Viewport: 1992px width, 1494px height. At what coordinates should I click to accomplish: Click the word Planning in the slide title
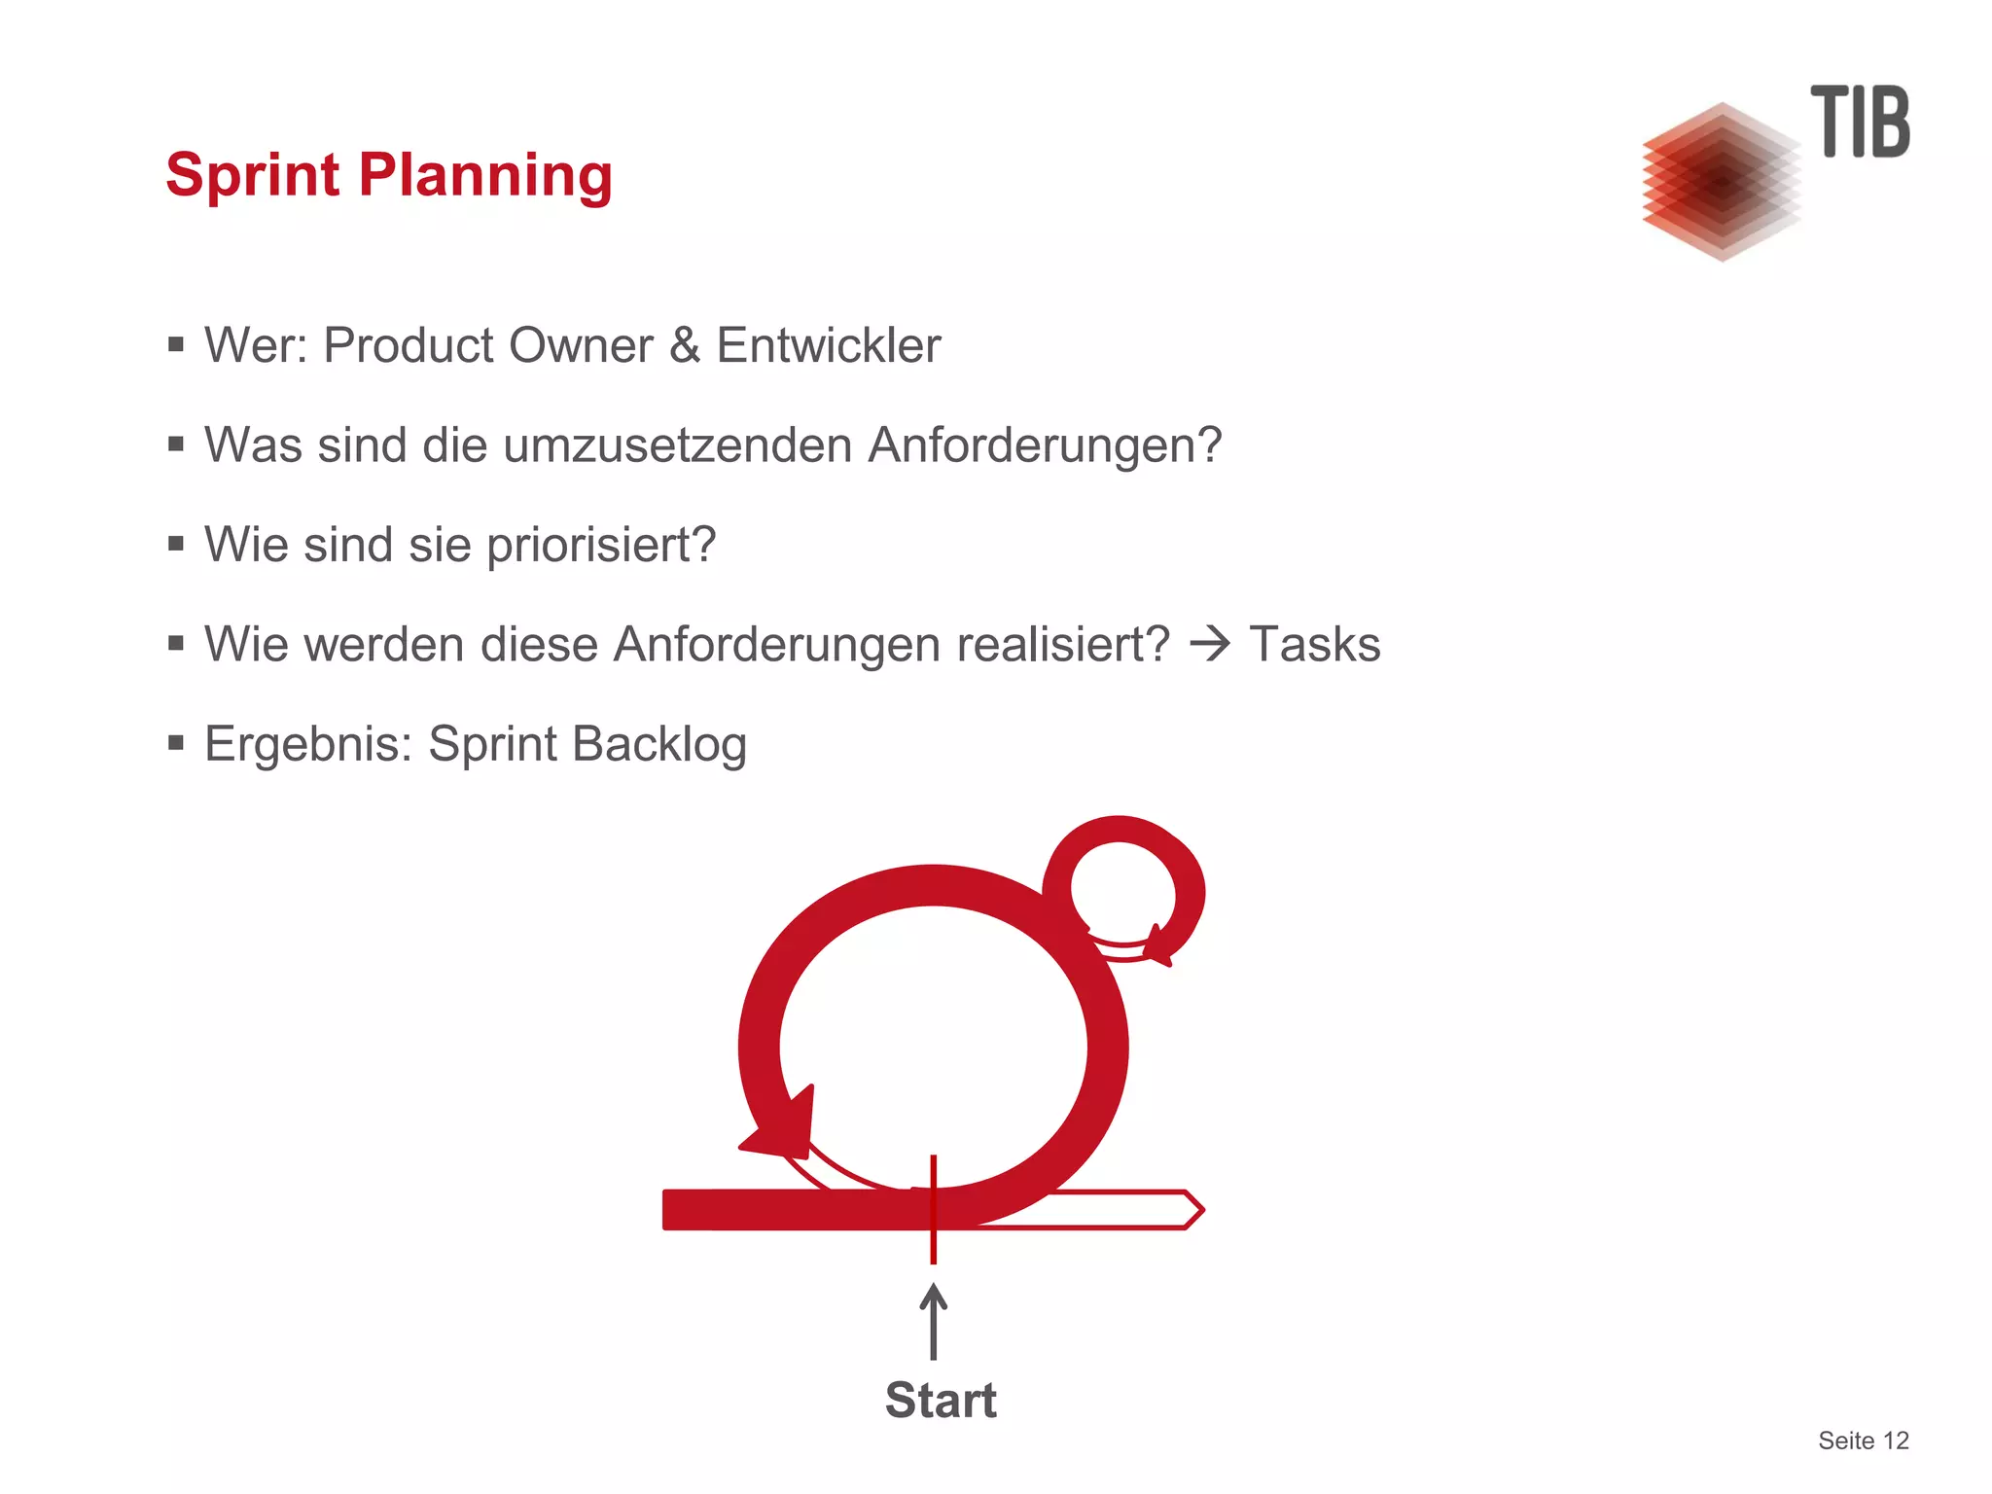[x=485, y=176]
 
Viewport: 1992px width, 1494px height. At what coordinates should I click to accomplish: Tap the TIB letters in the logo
[x=1860, y=122]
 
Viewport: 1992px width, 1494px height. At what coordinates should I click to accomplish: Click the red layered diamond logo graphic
[x=1721, y=182]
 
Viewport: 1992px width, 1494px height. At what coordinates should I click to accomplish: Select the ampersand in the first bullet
[x=685, y=345]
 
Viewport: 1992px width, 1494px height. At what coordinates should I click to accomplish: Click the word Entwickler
[x=828, y=345]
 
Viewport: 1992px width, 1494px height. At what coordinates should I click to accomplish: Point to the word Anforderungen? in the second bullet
[x=1044, y=445]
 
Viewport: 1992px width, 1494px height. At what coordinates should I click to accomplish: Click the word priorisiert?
[x=600, y=545]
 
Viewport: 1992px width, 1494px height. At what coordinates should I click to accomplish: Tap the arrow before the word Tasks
[x=1210, y=644]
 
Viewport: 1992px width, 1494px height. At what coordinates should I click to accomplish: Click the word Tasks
[x=1314, y=644]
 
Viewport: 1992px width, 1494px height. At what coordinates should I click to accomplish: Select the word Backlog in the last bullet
[x=658, y=744]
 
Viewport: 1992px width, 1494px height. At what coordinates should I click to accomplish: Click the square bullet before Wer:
[x=176, y=344]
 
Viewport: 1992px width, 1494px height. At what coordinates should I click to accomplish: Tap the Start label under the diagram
[x=941, y=1401]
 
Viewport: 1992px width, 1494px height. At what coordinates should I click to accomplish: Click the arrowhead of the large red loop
[x=783, y=1128]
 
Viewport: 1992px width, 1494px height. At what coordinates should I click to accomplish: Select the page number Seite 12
[x=1863, y=1441]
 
